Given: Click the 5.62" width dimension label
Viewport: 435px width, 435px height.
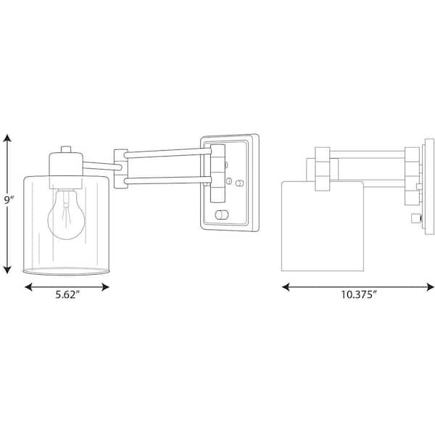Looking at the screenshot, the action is (x=67, y=294).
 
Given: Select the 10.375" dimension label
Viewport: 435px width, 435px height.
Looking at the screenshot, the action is (x=358, y=294).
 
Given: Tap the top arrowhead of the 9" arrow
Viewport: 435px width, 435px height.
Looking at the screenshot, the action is (x=7, y=138).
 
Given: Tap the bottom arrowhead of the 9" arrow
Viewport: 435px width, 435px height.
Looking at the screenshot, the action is (x=7, y=270).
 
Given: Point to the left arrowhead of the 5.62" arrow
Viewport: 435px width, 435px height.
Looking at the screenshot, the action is (x=28, y=287).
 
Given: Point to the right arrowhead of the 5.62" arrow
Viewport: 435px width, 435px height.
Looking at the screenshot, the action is (x=105, y=287).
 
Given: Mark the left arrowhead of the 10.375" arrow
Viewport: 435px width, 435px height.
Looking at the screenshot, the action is (x=286, y=287).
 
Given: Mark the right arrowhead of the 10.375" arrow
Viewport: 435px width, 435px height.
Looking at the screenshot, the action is (x=430, y=287).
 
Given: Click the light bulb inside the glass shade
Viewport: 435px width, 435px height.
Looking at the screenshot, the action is (x=66, y=215).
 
